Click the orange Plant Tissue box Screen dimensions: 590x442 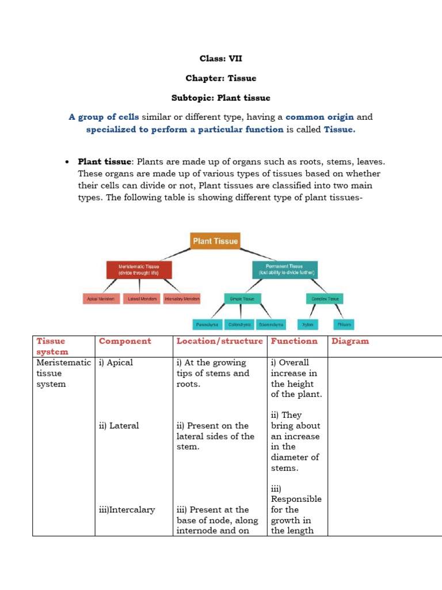click(215, 241)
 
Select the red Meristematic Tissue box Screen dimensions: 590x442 click(139, 270)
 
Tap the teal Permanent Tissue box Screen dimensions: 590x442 click(284, 270)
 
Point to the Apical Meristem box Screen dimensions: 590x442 click(102, 299)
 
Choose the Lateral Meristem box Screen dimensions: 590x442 click(142, 299)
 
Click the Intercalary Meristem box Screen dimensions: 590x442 click(182, 299)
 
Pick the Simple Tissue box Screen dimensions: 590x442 click(242, 298)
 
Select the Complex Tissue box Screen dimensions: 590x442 click(325, 298)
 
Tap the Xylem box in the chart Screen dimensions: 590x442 click(308, 325)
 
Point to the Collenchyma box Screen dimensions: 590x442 click(239, 325)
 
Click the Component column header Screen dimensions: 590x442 click(125, 341)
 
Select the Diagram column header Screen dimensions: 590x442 click(350, 341)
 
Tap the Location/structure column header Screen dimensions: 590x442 click(220, 341)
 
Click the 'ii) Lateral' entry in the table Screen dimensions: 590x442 click(119, 426)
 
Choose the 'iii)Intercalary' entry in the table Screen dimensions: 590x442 click(127, 510)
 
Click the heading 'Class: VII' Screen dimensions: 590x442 click(221, 58)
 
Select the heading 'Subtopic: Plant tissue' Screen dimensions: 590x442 click(221, 97)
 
